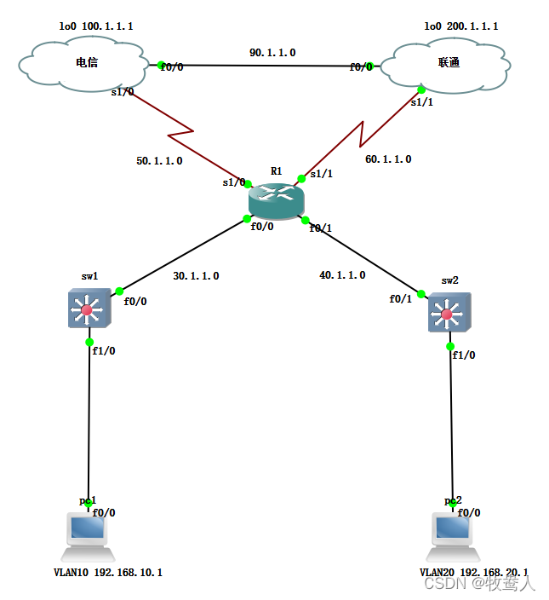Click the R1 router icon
pyautogui.click(x=275, y=200)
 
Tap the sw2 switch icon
pyautogui.click(x=447, y=314)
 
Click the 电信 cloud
pyautogui.click(x=86, y=63)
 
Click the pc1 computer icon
pyautogui.click(x=88, y=529)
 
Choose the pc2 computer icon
pyautogui.click(x=453, y=529)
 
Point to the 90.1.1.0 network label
pyautogui.click(x=272, y=53)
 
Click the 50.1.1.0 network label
pyautogui.click(x=159, y=159)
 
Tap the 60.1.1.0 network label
pyautogui.click(x=388, y=159)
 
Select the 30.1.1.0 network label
pyautogui.click(x=196, y=275)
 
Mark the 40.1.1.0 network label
pyautogui.click(x=342, y=274)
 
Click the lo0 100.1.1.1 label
pyautogui.click(x=95, y=26)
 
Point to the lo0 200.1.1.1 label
pyautogui.click(x=461, y=26)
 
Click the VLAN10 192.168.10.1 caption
pyautogui.click(x=102, y=573)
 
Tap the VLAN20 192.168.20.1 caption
pyautogui.click(x=473, y=573)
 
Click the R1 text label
pyautogui.click(x=276, y=171)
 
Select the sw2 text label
pyautogui.click(x=449, y=280)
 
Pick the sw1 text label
pyautogui.click(x=89, y=276)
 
